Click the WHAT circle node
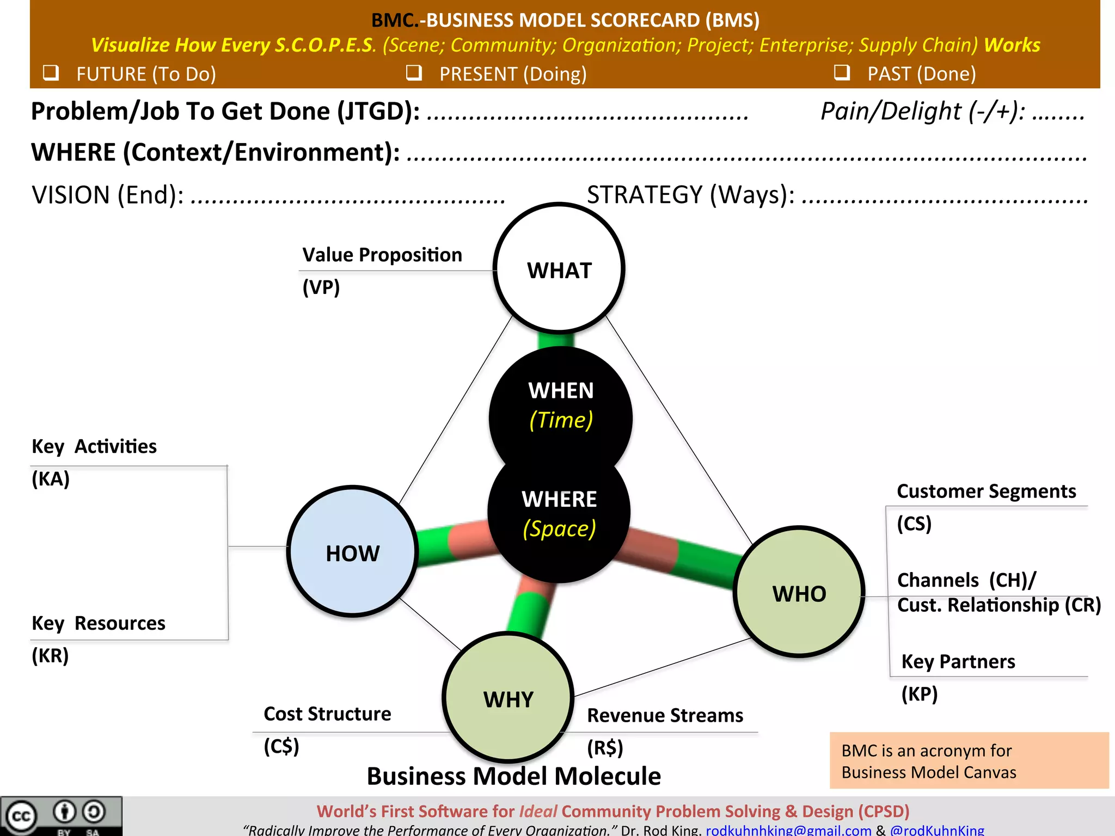coord(559,268)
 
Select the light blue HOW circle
coord(353,551)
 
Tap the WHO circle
coord(799,592)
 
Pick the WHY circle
coord(508,698)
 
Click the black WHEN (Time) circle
coord(561,405)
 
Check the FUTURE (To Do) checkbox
coord(51,72)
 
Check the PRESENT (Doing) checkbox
coord(414,72)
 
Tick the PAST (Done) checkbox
coord(842,72)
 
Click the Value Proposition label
coord(382,255)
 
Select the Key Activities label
coord(94,446)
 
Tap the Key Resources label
coord(99,623)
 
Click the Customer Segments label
coord(986,491)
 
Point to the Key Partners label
coord(958,662)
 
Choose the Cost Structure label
coord(327,714)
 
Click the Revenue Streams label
coord(665,716)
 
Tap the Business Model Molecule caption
coord(513,776)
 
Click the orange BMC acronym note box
coord(969,761)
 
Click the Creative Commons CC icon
coord(21,816)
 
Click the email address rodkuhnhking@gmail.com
coord(788,830)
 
